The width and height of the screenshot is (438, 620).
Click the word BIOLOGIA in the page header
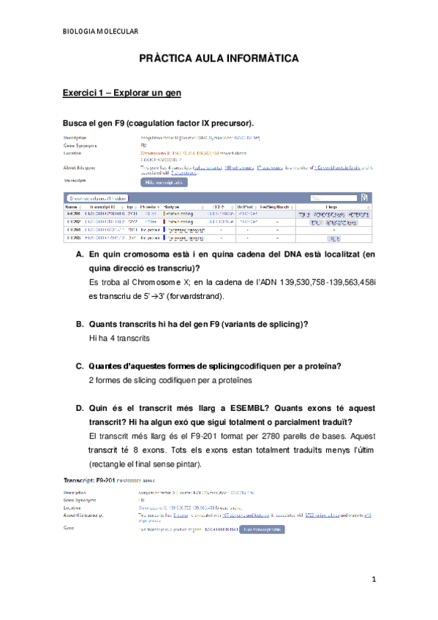tap(80, 31)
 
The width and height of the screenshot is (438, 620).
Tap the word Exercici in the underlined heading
tap(83, 94)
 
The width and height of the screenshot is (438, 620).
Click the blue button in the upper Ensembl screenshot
tap(164, 181)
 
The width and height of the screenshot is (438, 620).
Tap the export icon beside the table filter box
tap(363, 197)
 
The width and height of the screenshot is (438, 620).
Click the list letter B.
tap(80, 324)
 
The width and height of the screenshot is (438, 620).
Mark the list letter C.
tap(80, 366)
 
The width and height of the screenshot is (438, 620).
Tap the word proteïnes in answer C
tap(230, 379)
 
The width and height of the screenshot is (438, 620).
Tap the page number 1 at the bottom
tap(373, 580)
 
